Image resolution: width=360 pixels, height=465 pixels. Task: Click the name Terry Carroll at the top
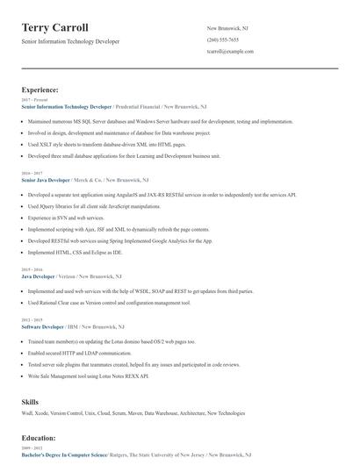(x=55, y=27)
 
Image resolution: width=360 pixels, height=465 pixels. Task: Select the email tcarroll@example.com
(x=230, y=52)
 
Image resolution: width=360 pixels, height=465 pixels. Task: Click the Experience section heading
(x=40, y=89)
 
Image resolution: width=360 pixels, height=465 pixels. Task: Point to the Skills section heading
(x=30, y=401)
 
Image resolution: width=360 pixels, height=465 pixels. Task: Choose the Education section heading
(x=38, y=437)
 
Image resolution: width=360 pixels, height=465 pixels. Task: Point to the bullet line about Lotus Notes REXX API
(x=88, y=375)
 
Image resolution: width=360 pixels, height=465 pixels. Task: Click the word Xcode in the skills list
(x=47, y=411)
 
